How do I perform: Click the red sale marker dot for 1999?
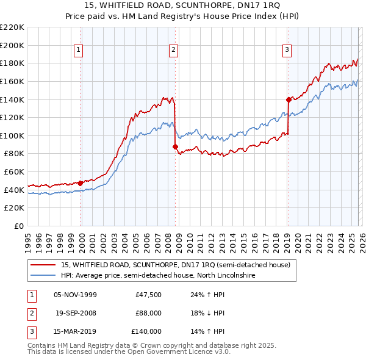(80, 182)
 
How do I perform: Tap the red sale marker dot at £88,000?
(175, 146)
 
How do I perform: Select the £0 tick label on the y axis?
(18, 226)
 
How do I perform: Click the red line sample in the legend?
(43, 265)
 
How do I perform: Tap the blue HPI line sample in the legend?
(43, 275)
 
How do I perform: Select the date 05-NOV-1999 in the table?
(75, 294)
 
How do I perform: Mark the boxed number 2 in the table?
(31, 313)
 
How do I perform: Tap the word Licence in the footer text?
(187, 352)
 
